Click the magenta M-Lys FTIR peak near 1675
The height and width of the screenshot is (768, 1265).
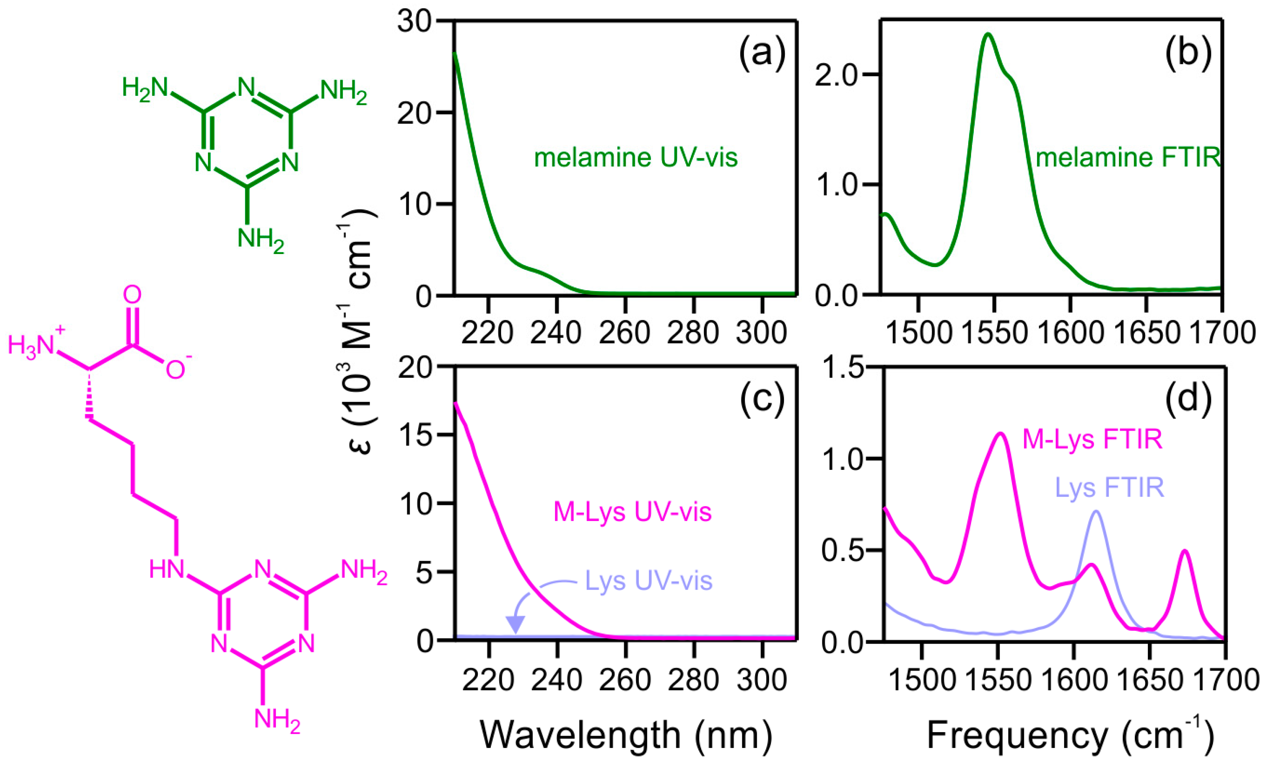[1185, 550]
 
